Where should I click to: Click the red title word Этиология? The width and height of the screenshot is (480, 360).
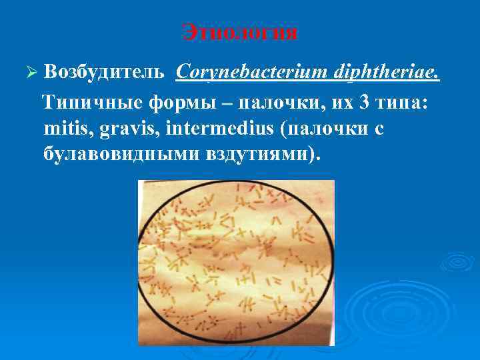(x=240, y=32)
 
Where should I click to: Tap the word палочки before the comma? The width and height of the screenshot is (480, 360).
(x=274, y=103)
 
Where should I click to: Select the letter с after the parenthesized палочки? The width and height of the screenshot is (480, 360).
(x=379, y=129)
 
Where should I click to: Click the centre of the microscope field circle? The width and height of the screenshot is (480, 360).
(x=236, y=263)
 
